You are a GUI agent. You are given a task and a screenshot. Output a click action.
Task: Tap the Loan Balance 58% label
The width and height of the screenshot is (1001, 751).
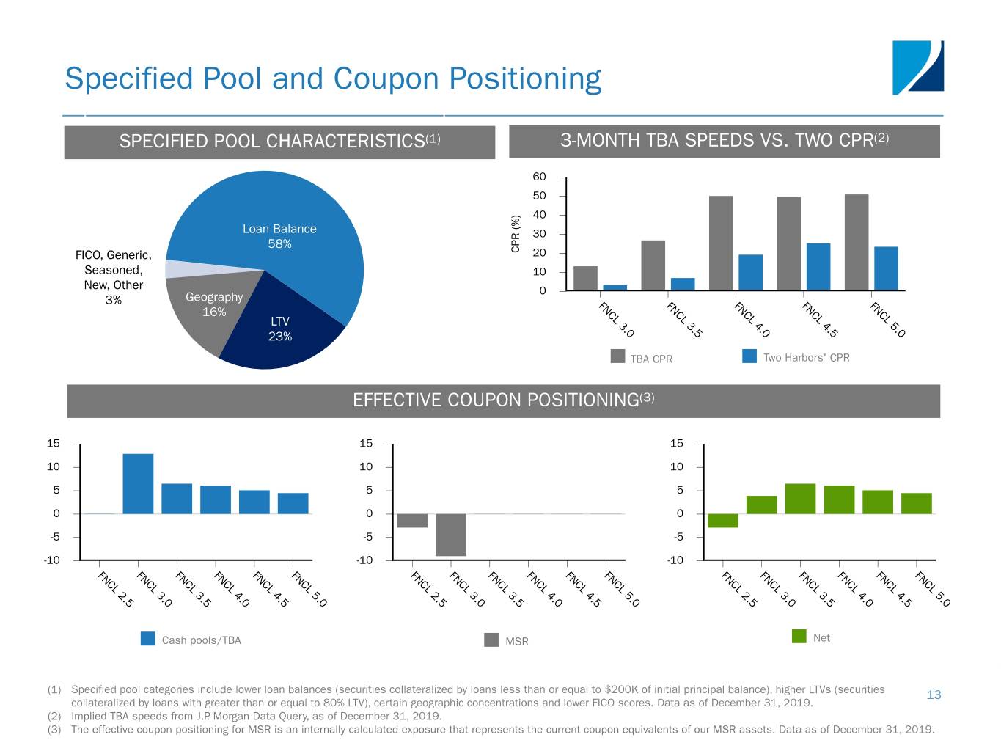279,236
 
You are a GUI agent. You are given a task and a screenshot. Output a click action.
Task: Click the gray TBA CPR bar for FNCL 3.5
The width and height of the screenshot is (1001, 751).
653,265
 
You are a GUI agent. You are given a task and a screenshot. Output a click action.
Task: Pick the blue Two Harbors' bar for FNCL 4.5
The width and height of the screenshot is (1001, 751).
818,267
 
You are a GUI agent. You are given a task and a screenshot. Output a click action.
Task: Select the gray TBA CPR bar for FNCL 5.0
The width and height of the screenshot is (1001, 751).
856,243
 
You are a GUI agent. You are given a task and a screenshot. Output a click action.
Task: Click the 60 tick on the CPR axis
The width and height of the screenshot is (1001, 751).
539,177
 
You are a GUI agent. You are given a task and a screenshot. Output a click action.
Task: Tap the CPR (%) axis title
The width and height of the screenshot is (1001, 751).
516,233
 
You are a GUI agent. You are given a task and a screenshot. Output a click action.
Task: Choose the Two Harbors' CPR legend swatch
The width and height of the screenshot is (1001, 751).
749,356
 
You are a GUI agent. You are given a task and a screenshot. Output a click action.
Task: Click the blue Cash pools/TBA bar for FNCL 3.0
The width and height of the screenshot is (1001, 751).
138,484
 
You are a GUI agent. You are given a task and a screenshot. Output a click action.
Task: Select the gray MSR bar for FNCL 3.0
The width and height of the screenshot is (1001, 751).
450,535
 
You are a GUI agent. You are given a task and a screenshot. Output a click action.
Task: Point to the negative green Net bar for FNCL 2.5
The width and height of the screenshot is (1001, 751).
722,521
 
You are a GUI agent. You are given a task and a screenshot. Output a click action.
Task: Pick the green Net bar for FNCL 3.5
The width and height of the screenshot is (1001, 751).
800,499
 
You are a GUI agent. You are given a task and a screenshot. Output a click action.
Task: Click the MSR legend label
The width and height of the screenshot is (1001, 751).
517,642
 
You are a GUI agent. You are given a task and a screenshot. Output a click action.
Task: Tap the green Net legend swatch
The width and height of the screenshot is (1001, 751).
799,636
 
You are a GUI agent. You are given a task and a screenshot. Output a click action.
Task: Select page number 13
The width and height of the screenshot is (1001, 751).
934,695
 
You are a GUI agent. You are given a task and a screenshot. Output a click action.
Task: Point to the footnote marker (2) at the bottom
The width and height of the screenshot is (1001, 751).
54,716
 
